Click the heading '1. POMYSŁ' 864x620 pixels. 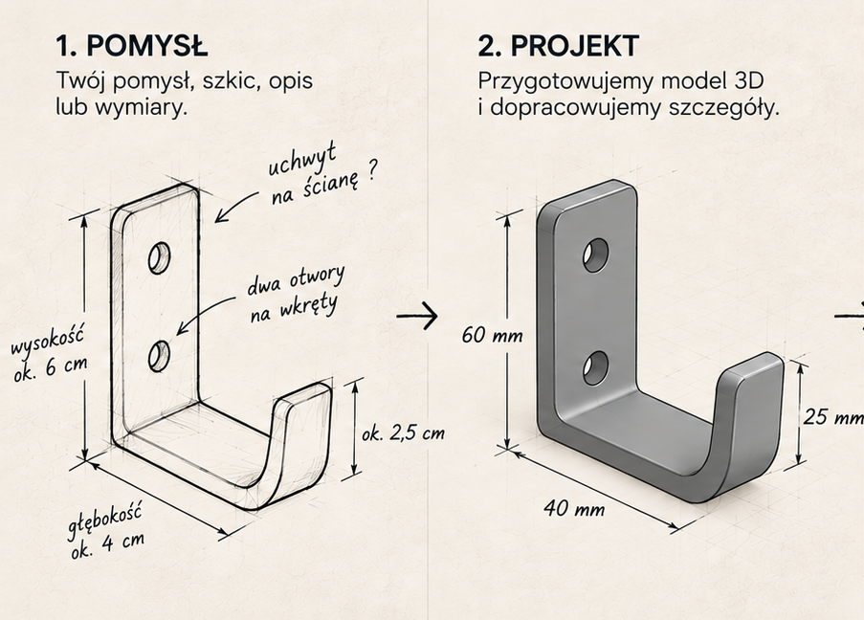(132, 45)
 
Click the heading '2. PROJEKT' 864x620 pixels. (558, 45)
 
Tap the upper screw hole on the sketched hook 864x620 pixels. (159, 257)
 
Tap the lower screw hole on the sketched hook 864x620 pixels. (159, 356)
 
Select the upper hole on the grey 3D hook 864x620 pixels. (596, 255)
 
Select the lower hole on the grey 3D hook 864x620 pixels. (596, 367)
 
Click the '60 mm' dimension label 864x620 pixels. (492, 335)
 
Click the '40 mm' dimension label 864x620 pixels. (574, 508)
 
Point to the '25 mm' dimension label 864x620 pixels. (833, 416)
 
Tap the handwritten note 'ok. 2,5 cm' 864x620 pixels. (404, 433)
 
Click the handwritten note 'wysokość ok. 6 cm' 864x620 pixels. (50, 354)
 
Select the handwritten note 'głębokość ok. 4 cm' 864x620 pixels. (106, 530)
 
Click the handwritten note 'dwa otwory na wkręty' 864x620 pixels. (296, 293)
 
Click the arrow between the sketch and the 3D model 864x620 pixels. (417, 316)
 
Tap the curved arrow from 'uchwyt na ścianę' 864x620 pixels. (233, 205)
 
